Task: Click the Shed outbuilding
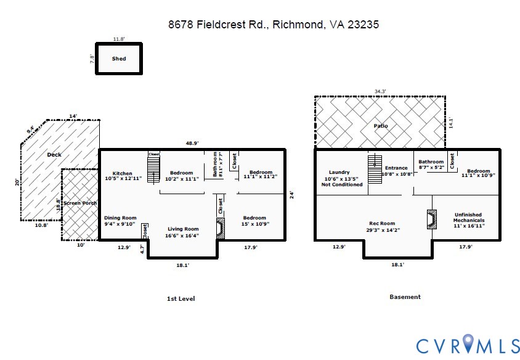pyautogui.click(x=119, y=59)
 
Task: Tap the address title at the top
pyautogui.click(x=273, y=25)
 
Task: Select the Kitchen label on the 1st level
pyautogui.click(x=123, y=176)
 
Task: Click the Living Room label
pyautogui.click(x=183, y=232)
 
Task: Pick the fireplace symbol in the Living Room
pyautogui.click(x=219, y=228)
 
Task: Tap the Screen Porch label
pyautogui.click(x=80, y=203)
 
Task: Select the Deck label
pyautogui.click(x=54, y=155)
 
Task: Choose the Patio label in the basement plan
pyautogui.click(x=381, y=126)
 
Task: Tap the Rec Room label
pyautogui.click(x=382, y=227)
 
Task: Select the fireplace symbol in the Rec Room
pyautogui.click(x=431, y=219)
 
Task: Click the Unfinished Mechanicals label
pyautogui.click(x=469, y=220)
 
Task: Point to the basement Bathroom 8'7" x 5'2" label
pyautogui.click(x=431, y=165)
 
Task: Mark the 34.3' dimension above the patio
pyautogui.click(x=380, y=91)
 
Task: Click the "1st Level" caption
pyautogui.click(x=181, y=299)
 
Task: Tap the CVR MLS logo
pyautogui.click(x=468, y=345)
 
